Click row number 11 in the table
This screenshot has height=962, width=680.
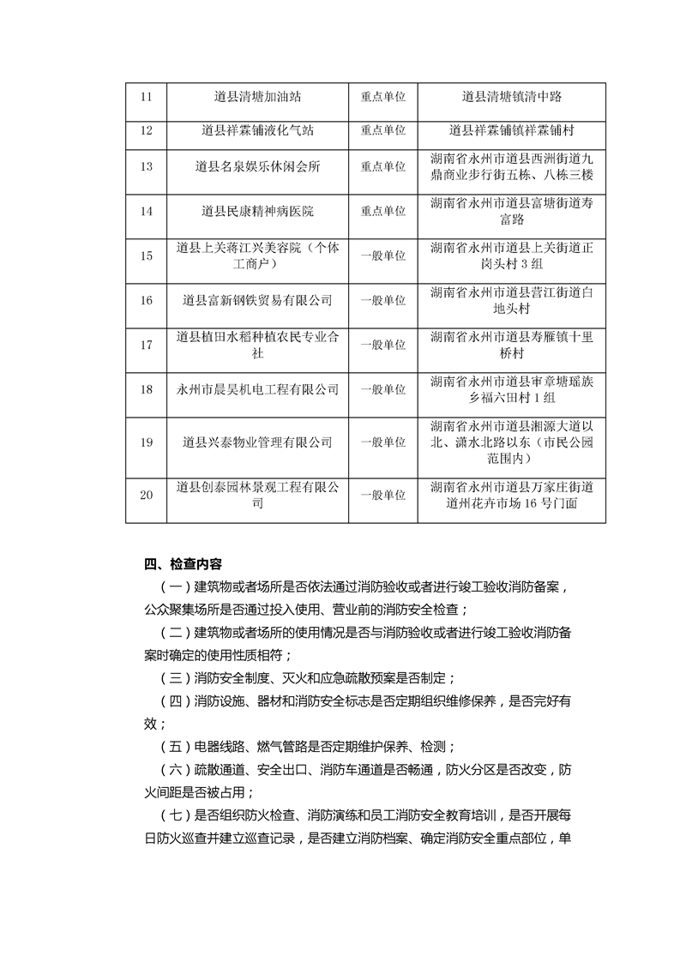tap(146, 96)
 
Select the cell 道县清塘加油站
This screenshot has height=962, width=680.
tap(257, 96)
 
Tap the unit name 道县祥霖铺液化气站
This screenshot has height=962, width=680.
tap(257, 130)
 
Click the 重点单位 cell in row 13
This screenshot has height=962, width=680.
tap(382, 167)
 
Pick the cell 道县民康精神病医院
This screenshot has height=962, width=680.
tap(257, 211)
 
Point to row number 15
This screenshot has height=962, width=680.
tap(146, 256)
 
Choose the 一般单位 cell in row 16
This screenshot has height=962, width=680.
tap(382, 300)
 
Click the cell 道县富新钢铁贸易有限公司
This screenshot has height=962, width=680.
tap(257, 300)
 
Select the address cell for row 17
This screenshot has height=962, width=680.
tap(512, 345)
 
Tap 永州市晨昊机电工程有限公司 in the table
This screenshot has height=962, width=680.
tap(257, 389)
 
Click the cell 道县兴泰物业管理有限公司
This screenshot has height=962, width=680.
tap(257, 442)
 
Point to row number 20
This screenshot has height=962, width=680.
tap(146, 496)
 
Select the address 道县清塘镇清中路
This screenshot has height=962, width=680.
tap(512, 96)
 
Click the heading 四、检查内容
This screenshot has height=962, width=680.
tap(184, 564)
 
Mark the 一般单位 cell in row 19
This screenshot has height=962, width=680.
tap(382, 442)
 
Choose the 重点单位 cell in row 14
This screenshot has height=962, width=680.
tap(382, 211)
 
